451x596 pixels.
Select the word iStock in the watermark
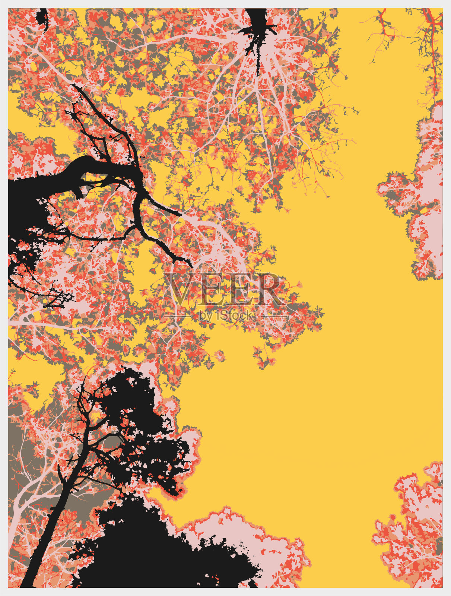pyautogui.click(x=234, y=316)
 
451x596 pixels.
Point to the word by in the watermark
pyautogui.click(x=206, y=316)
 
